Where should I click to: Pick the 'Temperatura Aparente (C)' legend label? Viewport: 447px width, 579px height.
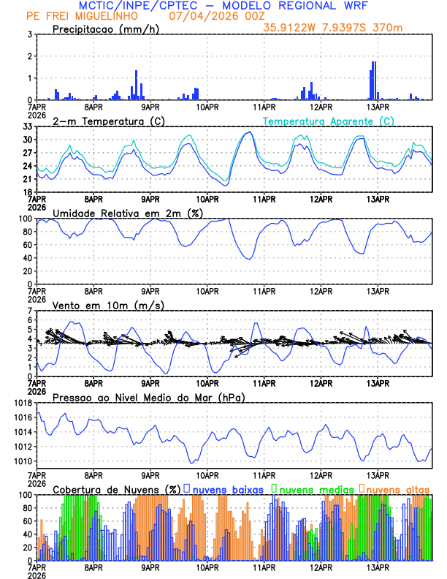click(x=328, y=121)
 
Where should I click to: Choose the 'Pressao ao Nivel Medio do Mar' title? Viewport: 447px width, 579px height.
click(x=148, y=397)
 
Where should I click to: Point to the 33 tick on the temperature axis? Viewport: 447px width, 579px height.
click(x=28, y=126)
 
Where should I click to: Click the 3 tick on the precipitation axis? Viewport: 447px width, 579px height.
click(x=30, y=34)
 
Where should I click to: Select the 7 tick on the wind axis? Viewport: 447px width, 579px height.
click(x=30, y=311)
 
